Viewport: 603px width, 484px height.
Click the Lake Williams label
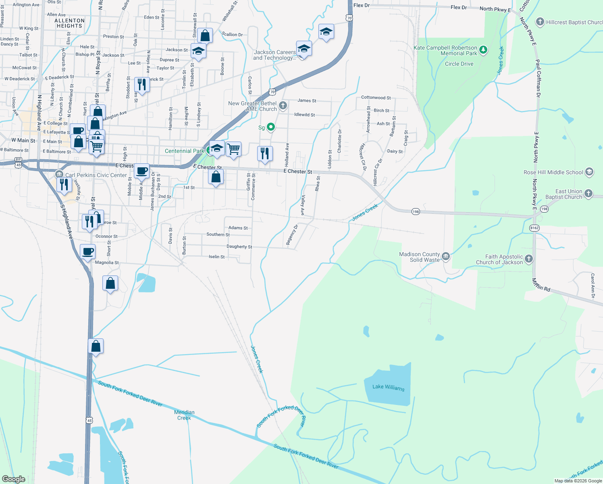tap(388, 387)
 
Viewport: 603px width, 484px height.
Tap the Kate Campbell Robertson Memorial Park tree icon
tap(483, 50)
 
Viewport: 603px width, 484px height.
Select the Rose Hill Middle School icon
tap(589, 172)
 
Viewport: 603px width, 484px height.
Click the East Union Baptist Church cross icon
tap(588, 194)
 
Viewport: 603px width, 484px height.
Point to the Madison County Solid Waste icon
tap(445, 257)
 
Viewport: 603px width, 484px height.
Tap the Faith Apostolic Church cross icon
tap(529, 259)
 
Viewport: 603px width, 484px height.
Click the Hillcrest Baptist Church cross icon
tap(540, 22)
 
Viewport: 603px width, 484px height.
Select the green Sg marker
tap(271, 127)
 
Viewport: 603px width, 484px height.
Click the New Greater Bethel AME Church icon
tap(283, 106)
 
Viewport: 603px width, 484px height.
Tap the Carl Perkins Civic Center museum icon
tap(59, 175)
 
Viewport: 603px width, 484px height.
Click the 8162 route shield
tap(534, 228)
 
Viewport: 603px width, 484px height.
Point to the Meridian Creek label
tap(184, 415)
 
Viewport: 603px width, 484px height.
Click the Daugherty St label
tap(239, 246)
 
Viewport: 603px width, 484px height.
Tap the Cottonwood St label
tap(376, 98)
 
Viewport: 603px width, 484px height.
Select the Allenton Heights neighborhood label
tap(69, 23)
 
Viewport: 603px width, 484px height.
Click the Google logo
tap(14, 479)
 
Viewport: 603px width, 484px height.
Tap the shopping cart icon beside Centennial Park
tap(234, 149)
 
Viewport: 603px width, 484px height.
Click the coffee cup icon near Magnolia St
tap(88, 252)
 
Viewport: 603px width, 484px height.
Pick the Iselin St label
tap(216, 257)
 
